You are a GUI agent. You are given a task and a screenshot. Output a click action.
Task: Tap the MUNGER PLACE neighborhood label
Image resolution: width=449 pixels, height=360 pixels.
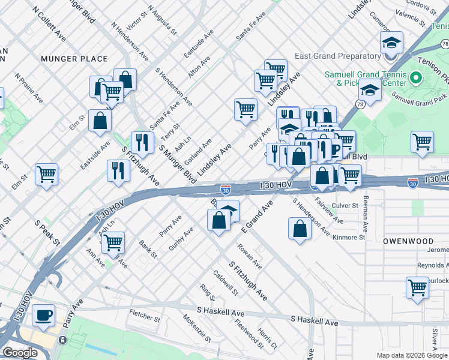tap(74, 59)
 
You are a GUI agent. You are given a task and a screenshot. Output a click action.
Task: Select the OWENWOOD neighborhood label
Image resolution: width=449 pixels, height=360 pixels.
tap(408, 241)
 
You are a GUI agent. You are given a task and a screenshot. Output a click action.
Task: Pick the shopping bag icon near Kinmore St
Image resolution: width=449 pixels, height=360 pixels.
tap(300, 229)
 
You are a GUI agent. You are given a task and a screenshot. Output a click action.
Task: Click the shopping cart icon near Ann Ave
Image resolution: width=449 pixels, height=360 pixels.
tap(112, 242)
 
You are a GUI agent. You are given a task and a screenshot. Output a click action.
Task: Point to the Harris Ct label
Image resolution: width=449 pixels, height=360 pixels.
tap(267, 338)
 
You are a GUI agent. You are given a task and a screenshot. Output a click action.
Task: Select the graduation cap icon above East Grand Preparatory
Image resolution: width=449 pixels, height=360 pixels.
tap(391, 43)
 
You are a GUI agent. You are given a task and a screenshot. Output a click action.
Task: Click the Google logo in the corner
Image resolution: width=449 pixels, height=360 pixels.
tap(20, 353)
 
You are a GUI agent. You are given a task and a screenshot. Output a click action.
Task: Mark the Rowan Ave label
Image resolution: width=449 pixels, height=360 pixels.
tap(249, 256)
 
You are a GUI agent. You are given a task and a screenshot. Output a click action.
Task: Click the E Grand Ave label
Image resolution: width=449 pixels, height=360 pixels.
tap(257, 217)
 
